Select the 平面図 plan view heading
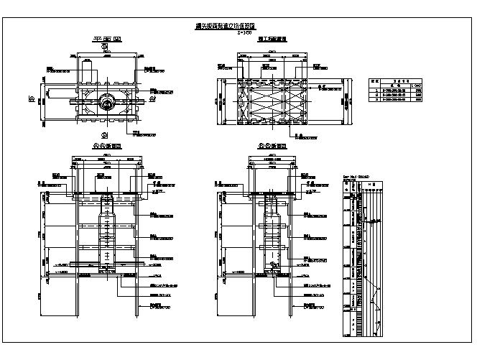tap(105, 40)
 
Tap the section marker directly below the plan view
tap(105, 135)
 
